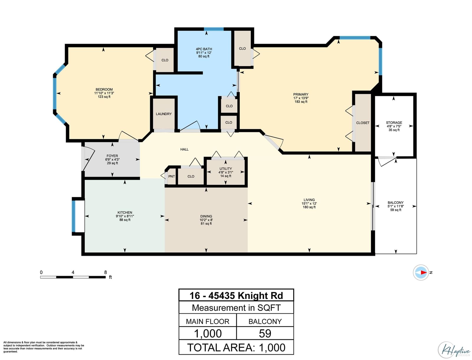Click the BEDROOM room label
coord(104,89)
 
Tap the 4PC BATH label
coord(204,49)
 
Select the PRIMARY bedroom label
coord(301,94)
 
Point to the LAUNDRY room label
coord(164,114)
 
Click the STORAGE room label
coord(394,123)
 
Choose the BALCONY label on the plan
coord(396,203)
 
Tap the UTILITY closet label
coord(226,169)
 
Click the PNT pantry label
coord(171,176)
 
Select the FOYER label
coord(112,156)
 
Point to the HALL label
coord(184,150)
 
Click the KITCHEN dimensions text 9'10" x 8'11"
coord(125,216)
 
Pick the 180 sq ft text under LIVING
coord(309,207)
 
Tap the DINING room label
coord(206,216)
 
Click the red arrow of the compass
coord(423,273)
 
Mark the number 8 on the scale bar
coord(105,272)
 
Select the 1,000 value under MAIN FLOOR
coord(208,333)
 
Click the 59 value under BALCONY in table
coord(265,333)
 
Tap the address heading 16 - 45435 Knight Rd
coord(236,296)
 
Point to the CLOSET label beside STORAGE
coord(363,123)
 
